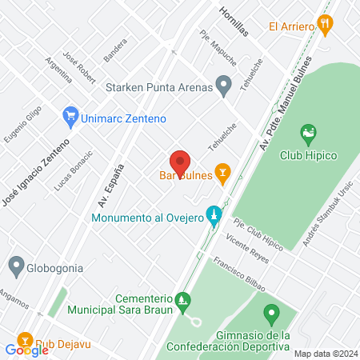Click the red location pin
click(x=180, y=162)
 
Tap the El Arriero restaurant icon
click(x=325, y=25)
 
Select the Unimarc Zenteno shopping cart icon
click(x=70, y=118)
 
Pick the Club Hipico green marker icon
click(x=308, y=132)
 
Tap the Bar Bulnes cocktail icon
click(x=223, y=171)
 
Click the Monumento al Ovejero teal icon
click(x=213, y=215)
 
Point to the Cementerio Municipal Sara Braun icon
click(x=184, y=302)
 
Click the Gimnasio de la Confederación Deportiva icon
click(x=270, y=312)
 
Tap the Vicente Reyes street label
click(x=246, y=240)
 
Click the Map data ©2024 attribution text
click(x=326, y=354)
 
